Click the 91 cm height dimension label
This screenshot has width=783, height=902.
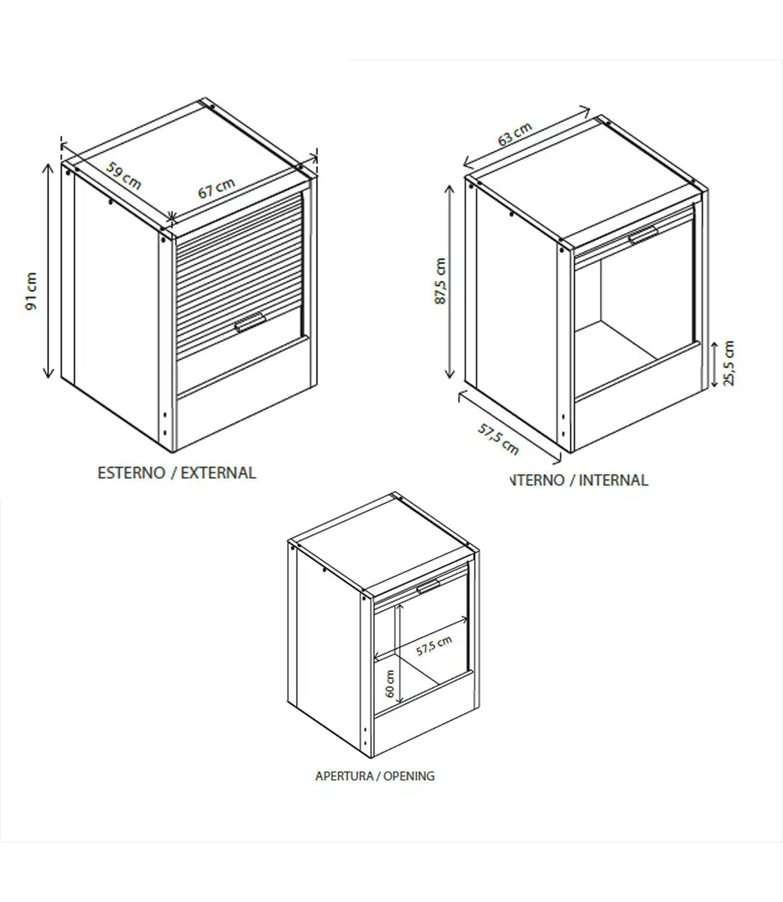tap(32, 291)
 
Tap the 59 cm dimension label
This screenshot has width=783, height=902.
tap(124, 176)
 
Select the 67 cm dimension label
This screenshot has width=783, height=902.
tap(216, 188)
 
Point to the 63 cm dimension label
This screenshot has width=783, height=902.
tap(515, 134)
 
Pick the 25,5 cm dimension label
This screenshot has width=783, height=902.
tap(729, 363)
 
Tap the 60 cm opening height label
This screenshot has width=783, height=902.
tap(390, 684)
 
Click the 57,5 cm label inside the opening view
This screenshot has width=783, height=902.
tap(434, 646)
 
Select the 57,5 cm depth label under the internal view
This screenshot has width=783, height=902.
tap(498, 438)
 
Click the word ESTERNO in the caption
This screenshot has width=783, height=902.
tap(131, 473)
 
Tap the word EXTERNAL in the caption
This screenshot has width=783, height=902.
tap(218, 473)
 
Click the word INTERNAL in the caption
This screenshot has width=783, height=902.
tap(613, 480)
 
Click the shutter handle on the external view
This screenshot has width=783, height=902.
tap(249, 322)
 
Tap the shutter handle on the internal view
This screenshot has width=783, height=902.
tap(643, 235)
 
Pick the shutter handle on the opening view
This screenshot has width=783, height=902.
tap(429, 587)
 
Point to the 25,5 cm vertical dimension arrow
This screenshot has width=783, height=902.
tap(715, 365)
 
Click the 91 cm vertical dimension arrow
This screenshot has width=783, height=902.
tap(48, 271)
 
